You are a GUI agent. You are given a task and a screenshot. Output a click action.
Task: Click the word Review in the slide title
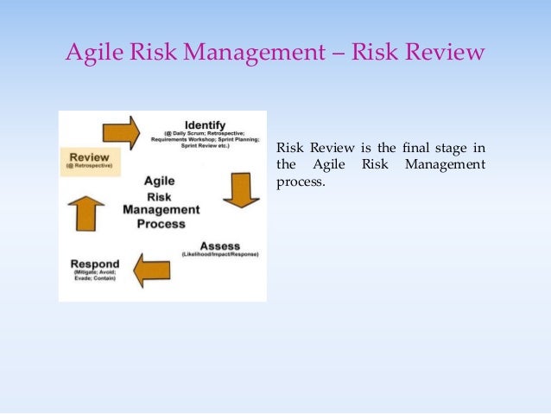pyautogui.click(x=446, y=54)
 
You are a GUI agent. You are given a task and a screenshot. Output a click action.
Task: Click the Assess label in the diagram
pyautogui.click(x=220, y=245)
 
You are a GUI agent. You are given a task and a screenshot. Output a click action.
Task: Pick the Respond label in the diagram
pyautogui.click(x=96, y=264)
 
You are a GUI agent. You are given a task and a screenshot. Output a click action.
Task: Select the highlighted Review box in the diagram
pyautogui.click(x=90, y=162)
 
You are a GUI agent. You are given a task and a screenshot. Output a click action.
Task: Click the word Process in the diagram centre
pyautogui.click(x=161, y=224)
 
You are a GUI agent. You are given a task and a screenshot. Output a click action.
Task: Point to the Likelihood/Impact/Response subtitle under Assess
pyautogui.click(x=220, y=254)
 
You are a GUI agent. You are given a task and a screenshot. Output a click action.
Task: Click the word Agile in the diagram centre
pyautogui.click(x=161, y=182)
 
